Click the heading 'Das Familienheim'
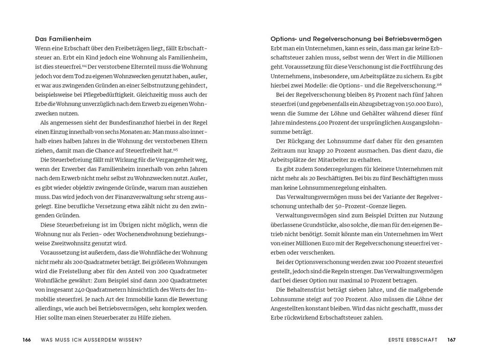63,39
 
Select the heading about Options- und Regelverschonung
356,39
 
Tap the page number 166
27,340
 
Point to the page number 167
451,340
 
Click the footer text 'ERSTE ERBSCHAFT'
413,340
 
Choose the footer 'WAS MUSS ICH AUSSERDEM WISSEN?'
91,340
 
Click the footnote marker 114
85,65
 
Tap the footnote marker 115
175,149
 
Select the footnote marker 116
439,84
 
